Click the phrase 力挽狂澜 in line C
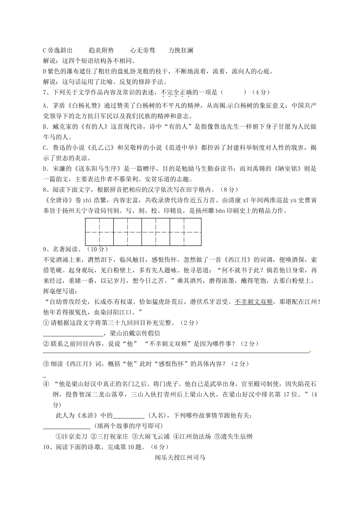[x=181, y=50]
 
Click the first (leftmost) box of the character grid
[x=99, y=232]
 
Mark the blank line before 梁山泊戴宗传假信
[x=73, y=334]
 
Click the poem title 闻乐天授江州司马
[x=180, y=457]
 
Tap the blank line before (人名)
[x=128, y=415]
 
